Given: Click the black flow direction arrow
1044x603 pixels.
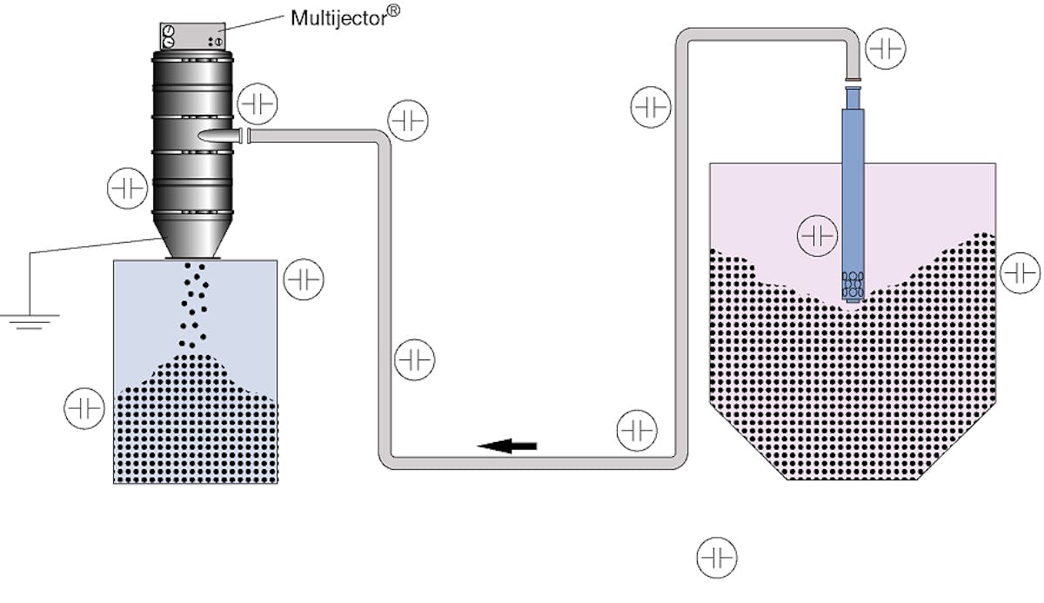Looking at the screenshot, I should tap(508, 446).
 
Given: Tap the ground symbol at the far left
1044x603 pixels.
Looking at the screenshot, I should tap(30, 321).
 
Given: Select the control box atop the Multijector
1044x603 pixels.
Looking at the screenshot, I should tap(191, 37).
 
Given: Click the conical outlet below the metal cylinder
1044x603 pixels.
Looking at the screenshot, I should tap(192, 243).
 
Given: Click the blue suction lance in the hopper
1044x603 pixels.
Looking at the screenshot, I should tap(853, 200).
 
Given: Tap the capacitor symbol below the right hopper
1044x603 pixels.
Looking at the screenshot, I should tap(718, 557).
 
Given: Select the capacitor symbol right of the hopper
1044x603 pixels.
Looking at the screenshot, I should tap(1021, 273).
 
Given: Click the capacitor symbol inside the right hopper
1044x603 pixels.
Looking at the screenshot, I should tap(818, 235).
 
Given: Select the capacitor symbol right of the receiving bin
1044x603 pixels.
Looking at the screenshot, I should tap(304, 279).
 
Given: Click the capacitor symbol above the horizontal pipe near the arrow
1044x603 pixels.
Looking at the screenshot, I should tap(637, 430).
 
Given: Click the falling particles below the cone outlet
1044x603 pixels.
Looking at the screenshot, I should tap(193, 305).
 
